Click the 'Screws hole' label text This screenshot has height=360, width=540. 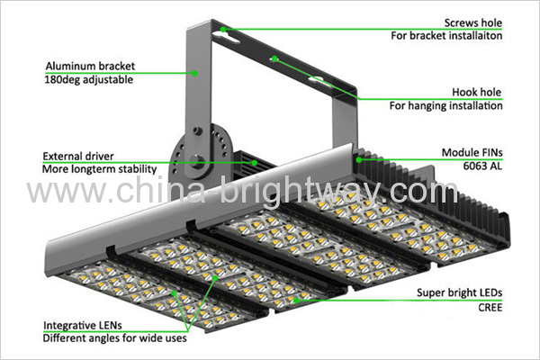point(472,22)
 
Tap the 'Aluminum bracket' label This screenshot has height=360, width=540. point(90,66)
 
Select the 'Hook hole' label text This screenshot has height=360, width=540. point(477,92)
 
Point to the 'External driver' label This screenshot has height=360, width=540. point(78,156)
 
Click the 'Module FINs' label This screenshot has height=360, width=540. point(472,152)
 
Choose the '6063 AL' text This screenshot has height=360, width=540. point(482,166)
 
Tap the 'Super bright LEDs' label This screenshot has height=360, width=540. point(459,292)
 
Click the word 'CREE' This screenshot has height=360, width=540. point(490,307)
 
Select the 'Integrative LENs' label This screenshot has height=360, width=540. point(83,325)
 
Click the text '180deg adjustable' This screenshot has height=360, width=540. point(89,79)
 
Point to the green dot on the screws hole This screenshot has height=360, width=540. point(223,30)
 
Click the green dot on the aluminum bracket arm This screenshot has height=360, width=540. point(195,73)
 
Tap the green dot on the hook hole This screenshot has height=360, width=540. point(274,58)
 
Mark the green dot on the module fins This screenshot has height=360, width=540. point(359,160)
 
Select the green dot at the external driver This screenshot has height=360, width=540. point(255,163)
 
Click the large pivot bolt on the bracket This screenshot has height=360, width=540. point(195,161)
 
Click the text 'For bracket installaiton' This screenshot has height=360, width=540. point(446,35)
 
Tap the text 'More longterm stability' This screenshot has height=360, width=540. point(100,169)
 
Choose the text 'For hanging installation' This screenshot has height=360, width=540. point(446,105)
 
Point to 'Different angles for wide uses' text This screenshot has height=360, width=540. point(114,338)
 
